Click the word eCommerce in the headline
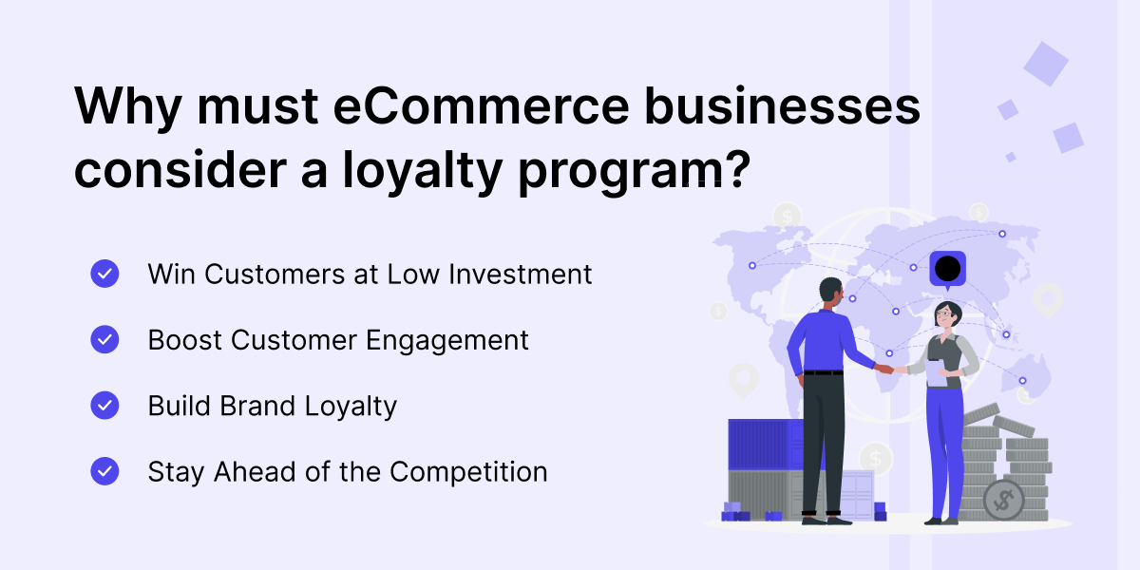pos(481,106)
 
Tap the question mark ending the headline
pos(737,168)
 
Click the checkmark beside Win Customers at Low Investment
pos(104,274)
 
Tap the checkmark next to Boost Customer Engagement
pos(104,339)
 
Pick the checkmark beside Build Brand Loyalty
pos(104,405)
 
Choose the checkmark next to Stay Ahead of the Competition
pos(104,471)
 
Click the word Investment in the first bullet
pos(521,275)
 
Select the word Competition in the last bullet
pos(468,472)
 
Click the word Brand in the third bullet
pos(257,406)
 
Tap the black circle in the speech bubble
pos(948,268)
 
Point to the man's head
pos(831,293)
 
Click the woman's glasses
pos(943,313)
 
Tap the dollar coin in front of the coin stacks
pos(1003,501)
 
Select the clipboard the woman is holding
pos(936,373)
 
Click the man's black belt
pos(823,372)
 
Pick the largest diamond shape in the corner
pos(1046,64)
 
